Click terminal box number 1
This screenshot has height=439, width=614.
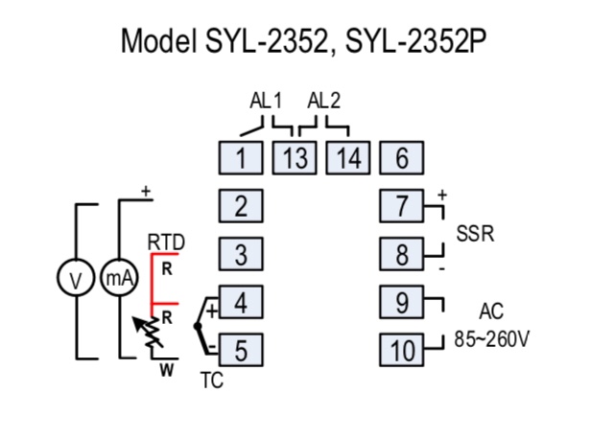(241, 158)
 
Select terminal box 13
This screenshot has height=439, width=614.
(295, 158)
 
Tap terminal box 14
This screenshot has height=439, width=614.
(348, 158)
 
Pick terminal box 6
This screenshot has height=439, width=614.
(402, 158)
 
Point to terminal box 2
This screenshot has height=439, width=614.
(241, 206)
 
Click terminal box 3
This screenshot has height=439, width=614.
(241, 254)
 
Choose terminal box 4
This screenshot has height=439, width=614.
(241, 302)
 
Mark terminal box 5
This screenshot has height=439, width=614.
(241, 350)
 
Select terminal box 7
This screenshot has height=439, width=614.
(402, 206)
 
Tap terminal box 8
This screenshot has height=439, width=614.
(402, 254)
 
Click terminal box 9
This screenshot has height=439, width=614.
(402, 302)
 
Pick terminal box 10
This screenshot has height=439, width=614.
(402, 350)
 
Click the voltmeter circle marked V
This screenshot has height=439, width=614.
(58, 278)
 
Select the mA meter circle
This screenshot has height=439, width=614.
(101, 278)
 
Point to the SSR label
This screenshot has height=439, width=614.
(475, 234)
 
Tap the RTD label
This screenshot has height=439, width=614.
(166, 243)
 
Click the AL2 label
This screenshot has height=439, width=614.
(324, 101)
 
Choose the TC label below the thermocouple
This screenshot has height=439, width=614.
(212, 380)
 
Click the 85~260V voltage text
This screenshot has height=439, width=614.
(491, 339)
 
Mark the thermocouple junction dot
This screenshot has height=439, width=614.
(198, 326)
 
